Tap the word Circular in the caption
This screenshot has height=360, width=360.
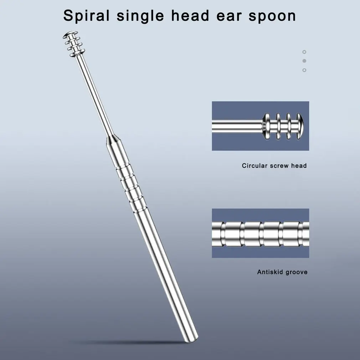[255, 166]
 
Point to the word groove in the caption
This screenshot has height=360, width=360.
[297, 272]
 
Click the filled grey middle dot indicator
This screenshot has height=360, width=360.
[304, 61]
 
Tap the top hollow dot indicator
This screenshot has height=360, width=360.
[304, 52]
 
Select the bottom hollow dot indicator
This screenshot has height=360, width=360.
[304, 70]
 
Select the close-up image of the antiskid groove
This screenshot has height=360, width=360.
[261, 233]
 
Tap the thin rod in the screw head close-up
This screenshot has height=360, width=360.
[237, 126]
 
